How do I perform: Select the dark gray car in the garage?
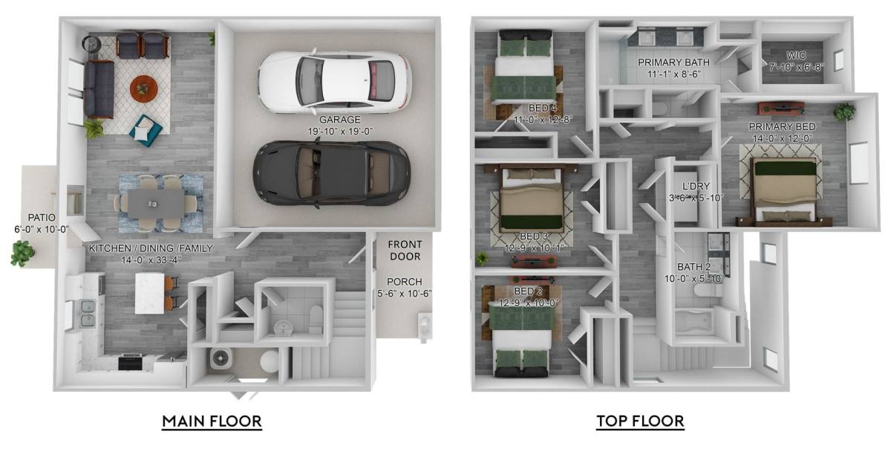coord(332,173)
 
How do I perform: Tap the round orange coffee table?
coord(143,88)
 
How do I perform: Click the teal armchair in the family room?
coord(146,130)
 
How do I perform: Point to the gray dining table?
coord(156,203)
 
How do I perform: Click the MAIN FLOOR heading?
coord(212,421)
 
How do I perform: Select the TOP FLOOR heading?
coord(640,421)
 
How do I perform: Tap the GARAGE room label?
coord(340,119)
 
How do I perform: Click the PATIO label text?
coord(42,218)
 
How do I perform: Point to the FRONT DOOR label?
coord(405,251)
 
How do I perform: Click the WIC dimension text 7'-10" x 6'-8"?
coord(796,67)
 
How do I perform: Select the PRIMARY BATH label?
coord(674,62)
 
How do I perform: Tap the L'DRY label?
coord(696,186)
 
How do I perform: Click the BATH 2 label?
coord(694,267)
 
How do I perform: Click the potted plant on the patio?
coord(23,253)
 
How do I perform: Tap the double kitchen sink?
coord(88,314)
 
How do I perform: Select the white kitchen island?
coord(150,293)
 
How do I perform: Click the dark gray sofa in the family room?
coord(99,89)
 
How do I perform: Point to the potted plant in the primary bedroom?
coord(844,112)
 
